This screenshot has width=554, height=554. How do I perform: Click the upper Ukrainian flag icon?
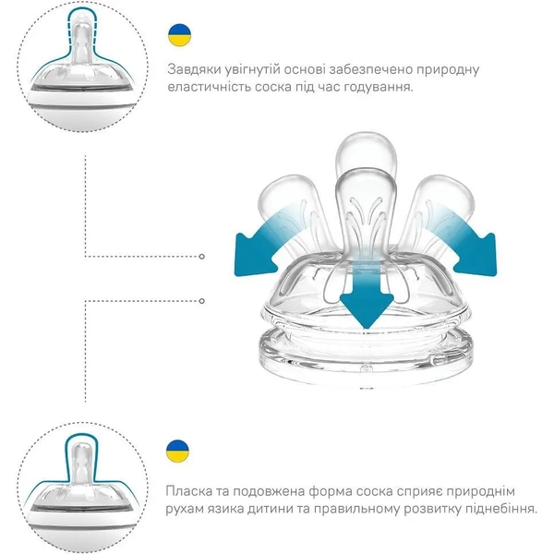click(179, 35)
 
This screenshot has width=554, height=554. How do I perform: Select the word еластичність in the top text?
click(211, 87)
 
